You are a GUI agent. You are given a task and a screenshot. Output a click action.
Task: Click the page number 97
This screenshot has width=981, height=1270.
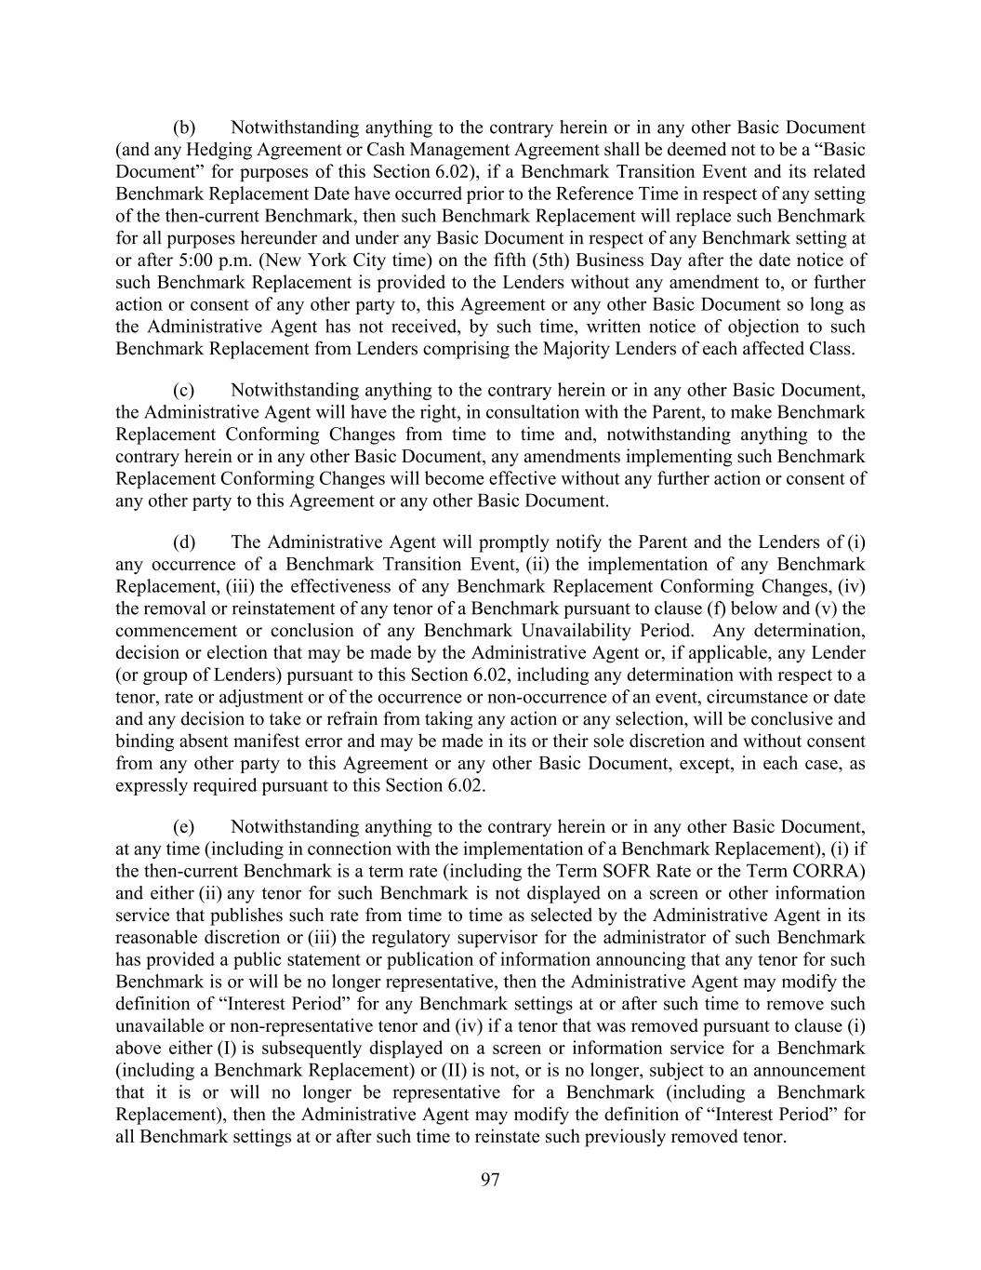pos(490,1180)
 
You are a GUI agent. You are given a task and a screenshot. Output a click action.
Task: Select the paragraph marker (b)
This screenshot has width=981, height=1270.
pos(184,127)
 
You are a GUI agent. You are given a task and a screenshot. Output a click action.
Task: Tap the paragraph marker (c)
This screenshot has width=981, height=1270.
pos(184,390)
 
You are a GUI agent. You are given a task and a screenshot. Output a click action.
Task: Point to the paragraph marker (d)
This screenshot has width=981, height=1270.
pos(184,541)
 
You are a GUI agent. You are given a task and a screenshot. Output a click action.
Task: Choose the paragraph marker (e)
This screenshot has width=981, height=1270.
pos(184,826)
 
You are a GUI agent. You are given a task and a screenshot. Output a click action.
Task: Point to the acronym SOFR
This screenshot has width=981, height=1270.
pos(706,871)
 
